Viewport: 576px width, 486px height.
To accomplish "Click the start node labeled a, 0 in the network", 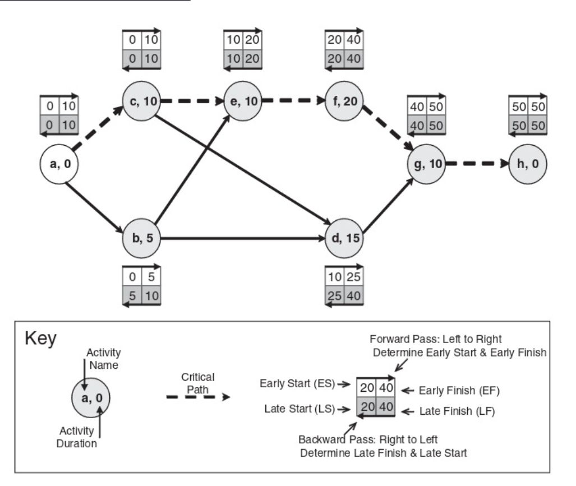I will pyautogui.click(x=58, y=165).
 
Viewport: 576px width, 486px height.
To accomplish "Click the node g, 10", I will pyautogui.click(x=428, y=165).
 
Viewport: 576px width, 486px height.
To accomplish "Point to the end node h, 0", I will pyautogui.click(x=527, y=165).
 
